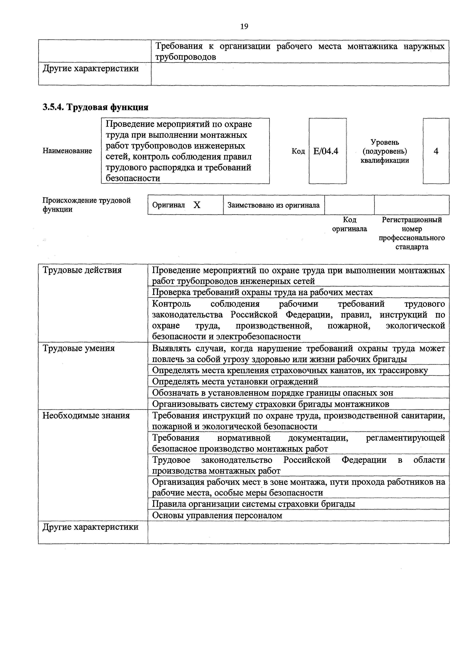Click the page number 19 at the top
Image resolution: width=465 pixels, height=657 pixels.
(244, 27)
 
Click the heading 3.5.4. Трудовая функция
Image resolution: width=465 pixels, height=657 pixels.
(95, 107)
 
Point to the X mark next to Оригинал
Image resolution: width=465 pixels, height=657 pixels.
(197, 205)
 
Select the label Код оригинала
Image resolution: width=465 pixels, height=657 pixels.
(349, 224)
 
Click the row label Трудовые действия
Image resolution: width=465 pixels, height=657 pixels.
(82, 270)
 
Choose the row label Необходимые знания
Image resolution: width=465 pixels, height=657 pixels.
(86, 415)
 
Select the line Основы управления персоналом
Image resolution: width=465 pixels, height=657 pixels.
(217, 515)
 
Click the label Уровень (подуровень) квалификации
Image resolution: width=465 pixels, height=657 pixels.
(385, 151)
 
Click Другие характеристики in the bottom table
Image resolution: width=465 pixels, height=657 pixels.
(91, 527)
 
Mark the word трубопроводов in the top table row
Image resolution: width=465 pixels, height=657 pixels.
(185, 57)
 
